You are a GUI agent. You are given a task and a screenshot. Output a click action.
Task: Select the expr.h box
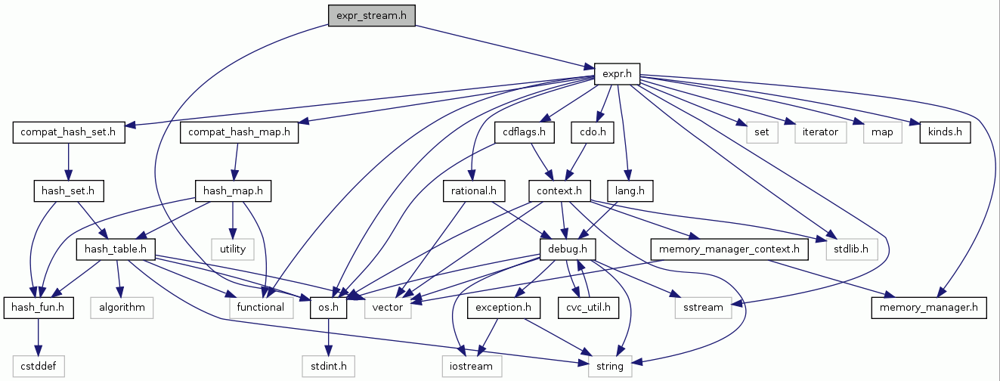[617, 74]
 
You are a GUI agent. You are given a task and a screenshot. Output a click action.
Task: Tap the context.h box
[559, 191]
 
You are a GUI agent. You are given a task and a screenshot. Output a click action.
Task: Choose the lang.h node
[630, 191]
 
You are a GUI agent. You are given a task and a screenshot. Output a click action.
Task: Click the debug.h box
[568, 248]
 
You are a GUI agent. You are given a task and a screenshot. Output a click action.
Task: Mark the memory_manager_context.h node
[729, 248]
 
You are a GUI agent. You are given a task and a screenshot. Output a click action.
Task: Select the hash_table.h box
[116, 248]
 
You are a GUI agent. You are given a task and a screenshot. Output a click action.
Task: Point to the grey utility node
[234, 248]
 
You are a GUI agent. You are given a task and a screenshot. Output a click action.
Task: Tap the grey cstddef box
[38, 366]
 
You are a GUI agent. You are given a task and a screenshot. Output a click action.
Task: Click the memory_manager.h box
[929, 307]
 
